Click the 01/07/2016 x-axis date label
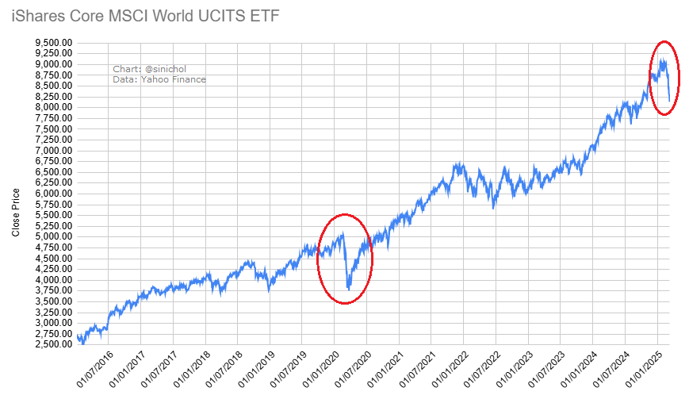click(x=95, y=369)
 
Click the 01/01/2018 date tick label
click(x=192, y=369)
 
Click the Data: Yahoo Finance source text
click(x=159, y=79)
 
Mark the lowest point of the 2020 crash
click(x=349, y=290)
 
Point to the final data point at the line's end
click(x=670, y=101)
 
